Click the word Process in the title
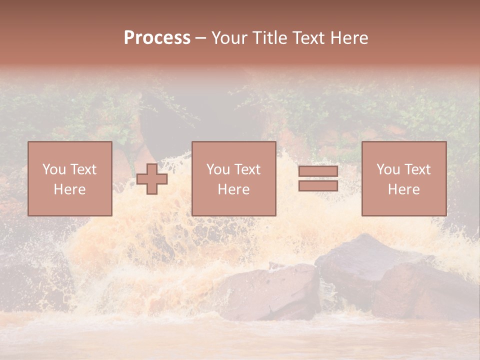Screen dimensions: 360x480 157,38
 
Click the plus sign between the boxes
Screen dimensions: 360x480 152,179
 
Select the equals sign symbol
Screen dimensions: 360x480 318,178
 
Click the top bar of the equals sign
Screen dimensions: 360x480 318,171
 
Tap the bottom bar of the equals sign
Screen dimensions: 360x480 318,185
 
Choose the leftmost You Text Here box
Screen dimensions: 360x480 70,178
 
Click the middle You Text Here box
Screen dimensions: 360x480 233,178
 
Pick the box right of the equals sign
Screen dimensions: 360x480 403,178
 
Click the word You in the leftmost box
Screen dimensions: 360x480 53,169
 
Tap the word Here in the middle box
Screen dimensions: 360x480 233,189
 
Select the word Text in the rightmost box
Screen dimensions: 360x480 416,169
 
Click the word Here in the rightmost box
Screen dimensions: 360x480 403,189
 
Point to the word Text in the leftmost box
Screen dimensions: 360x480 82,169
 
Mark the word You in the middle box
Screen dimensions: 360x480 217,169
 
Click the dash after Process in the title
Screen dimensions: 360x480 201,38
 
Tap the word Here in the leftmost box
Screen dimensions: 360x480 70,189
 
